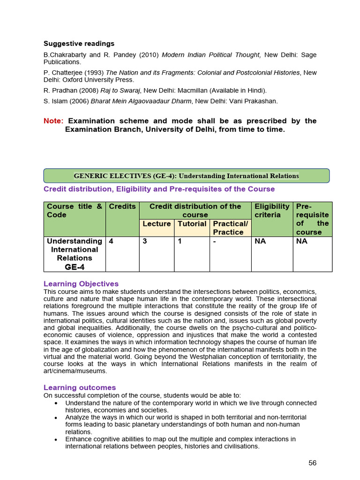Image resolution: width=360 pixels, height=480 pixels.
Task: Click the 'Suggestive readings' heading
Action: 79,44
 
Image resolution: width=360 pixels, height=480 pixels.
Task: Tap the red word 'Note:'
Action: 53,121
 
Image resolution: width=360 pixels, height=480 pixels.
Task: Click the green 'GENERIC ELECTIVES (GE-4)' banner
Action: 186,176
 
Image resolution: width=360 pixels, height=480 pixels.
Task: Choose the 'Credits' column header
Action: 122,206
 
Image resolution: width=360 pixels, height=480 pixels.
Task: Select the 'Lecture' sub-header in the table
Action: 157,224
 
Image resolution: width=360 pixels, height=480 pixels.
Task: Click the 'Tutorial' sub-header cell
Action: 192,224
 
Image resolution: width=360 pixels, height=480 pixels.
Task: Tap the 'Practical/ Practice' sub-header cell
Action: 230,228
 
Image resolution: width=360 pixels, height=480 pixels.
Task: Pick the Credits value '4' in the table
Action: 111,241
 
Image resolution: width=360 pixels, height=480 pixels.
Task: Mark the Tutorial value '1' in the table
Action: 180,241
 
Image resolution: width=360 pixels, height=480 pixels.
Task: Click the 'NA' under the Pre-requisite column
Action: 302,241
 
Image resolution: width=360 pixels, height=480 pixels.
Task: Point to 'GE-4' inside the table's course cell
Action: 75,267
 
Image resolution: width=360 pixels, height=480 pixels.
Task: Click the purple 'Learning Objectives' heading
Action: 81,284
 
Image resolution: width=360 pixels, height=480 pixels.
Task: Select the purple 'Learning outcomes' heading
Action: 80,388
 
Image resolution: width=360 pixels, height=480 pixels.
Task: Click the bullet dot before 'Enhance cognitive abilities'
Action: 56,440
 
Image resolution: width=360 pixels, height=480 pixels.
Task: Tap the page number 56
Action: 312,463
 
